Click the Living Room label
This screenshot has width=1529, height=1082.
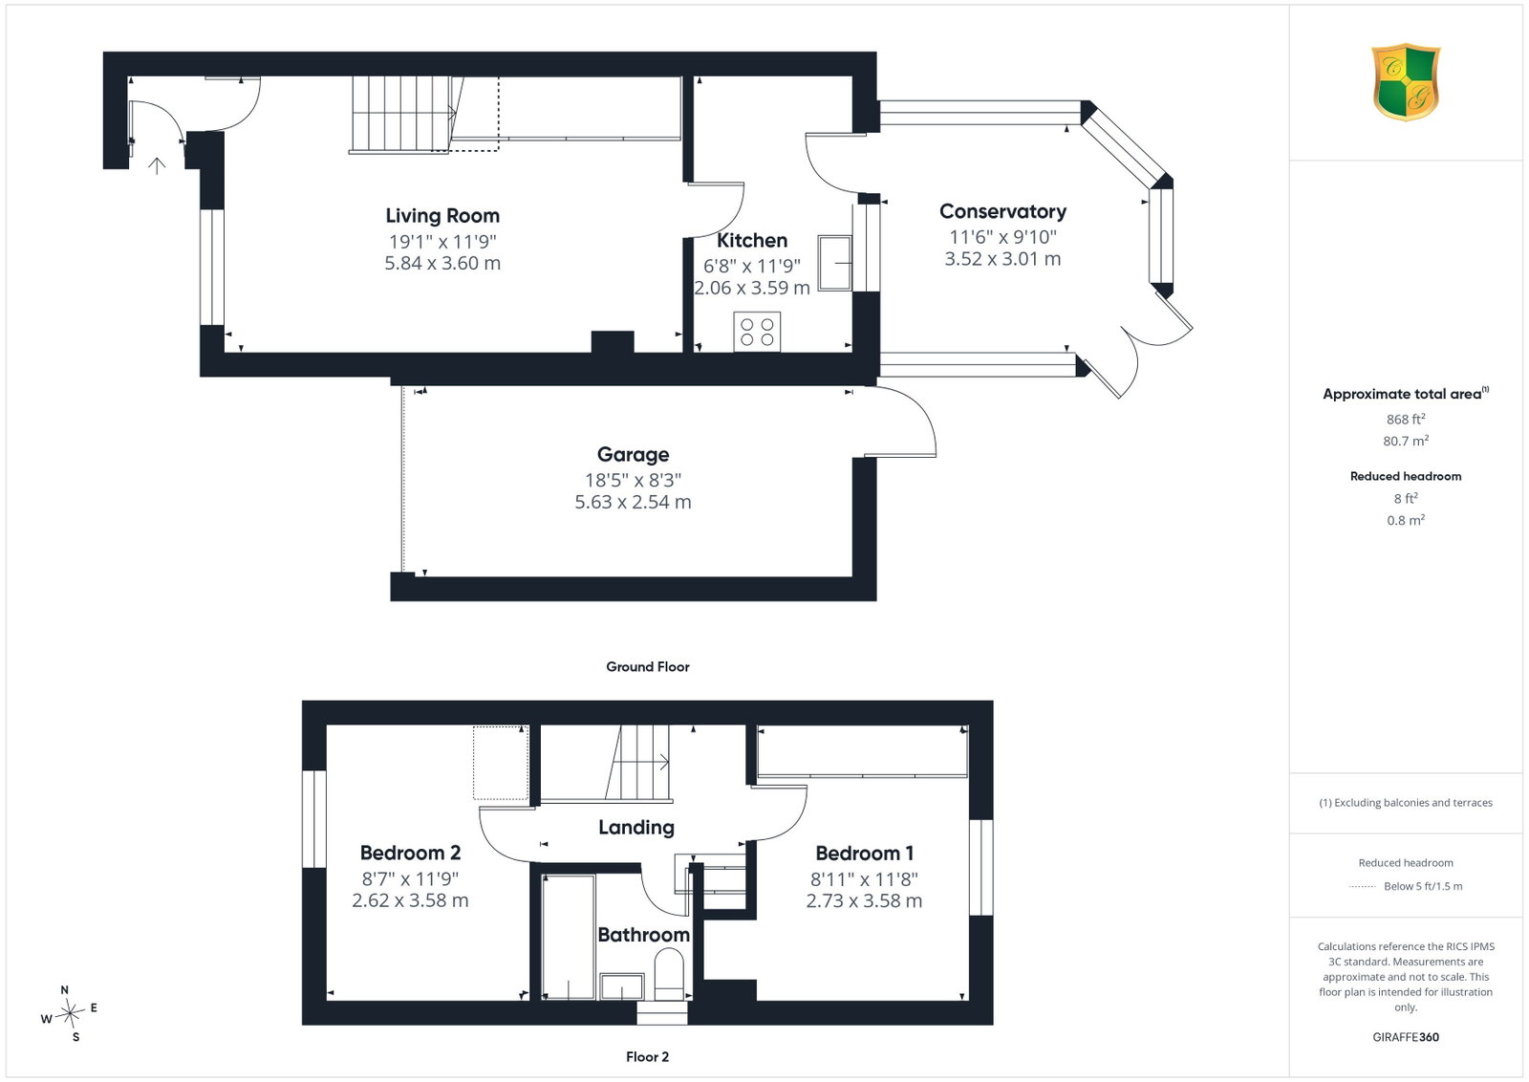442,216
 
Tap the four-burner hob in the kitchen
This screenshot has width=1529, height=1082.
757,332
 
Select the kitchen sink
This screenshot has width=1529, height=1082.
835,263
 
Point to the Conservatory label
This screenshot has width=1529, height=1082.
1002,211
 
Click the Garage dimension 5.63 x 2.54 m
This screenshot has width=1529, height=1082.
633,502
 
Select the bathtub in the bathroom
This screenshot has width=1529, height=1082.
568,937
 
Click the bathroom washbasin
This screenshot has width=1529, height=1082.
622,986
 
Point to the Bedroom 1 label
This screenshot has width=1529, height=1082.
864,854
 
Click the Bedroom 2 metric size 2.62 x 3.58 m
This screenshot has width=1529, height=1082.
410,900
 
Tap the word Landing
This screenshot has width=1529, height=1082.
636,828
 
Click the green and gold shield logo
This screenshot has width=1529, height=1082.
1406,82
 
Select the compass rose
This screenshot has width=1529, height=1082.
70,1013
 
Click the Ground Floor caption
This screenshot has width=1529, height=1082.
648,667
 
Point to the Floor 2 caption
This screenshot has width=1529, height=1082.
647,1057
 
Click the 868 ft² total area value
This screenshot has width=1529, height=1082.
1406,420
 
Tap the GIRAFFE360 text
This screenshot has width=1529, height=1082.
1406,1037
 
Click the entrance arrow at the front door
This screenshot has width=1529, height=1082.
157,166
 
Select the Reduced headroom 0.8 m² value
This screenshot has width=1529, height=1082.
1406,520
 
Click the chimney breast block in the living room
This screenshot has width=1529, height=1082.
613,342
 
